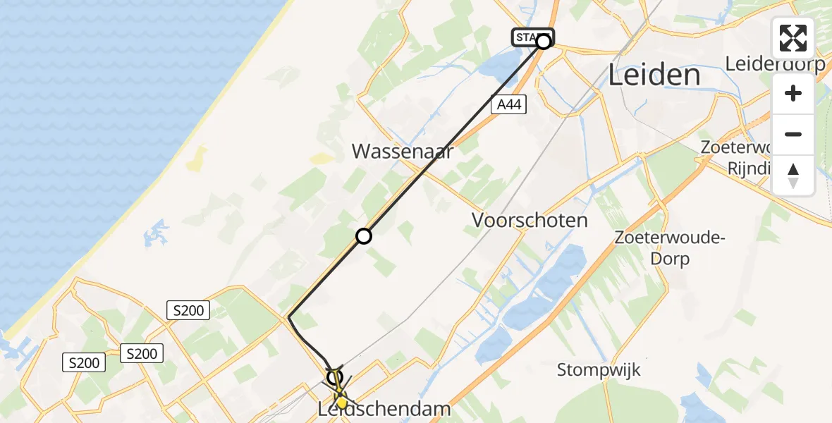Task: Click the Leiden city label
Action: [654, 75]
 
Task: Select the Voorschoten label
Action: [530, 220]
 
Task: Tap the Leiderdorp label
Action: [776, 64]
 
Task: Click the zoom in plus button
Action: [793, 93]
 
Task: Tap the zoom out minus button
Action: [793, 134]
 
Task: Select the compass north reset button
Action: [793, 175]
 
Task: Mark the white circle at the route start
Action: [544, 42]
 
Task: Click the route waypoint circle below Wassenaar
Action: [363, 236]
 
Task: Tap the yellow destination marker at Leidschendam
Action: [341, 403]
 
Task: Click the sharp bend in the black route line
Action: [289, 318]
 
